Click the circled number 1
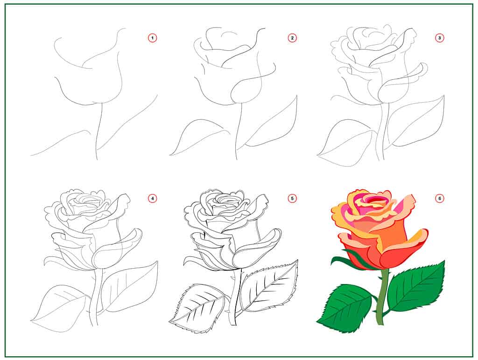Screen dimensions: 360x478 pyautogui.click(x=152, y=38)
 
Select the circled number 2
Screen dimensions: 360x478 pyautogui.click(x=293, y=38)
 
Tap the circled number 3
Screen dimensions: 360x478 pyautogui.click(x=439, y=38)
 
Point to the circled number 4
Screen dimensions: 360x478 pyautogui.click(x=152, y=199)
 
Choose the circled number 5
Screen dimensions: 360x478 pyautogui.click(x=293, y=199)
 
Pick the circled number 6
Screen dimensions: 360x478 pyautogui.click(x=439, y=199)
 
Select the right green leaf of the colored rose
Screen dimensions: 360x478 pyautogui.click(x=415, y=287)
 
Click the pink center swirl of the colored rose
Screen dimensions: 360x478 pyautogui.click(x=369, y=201)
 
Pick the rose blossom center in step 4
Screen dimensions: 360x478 pyautogui.click(x=86, y=203)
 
